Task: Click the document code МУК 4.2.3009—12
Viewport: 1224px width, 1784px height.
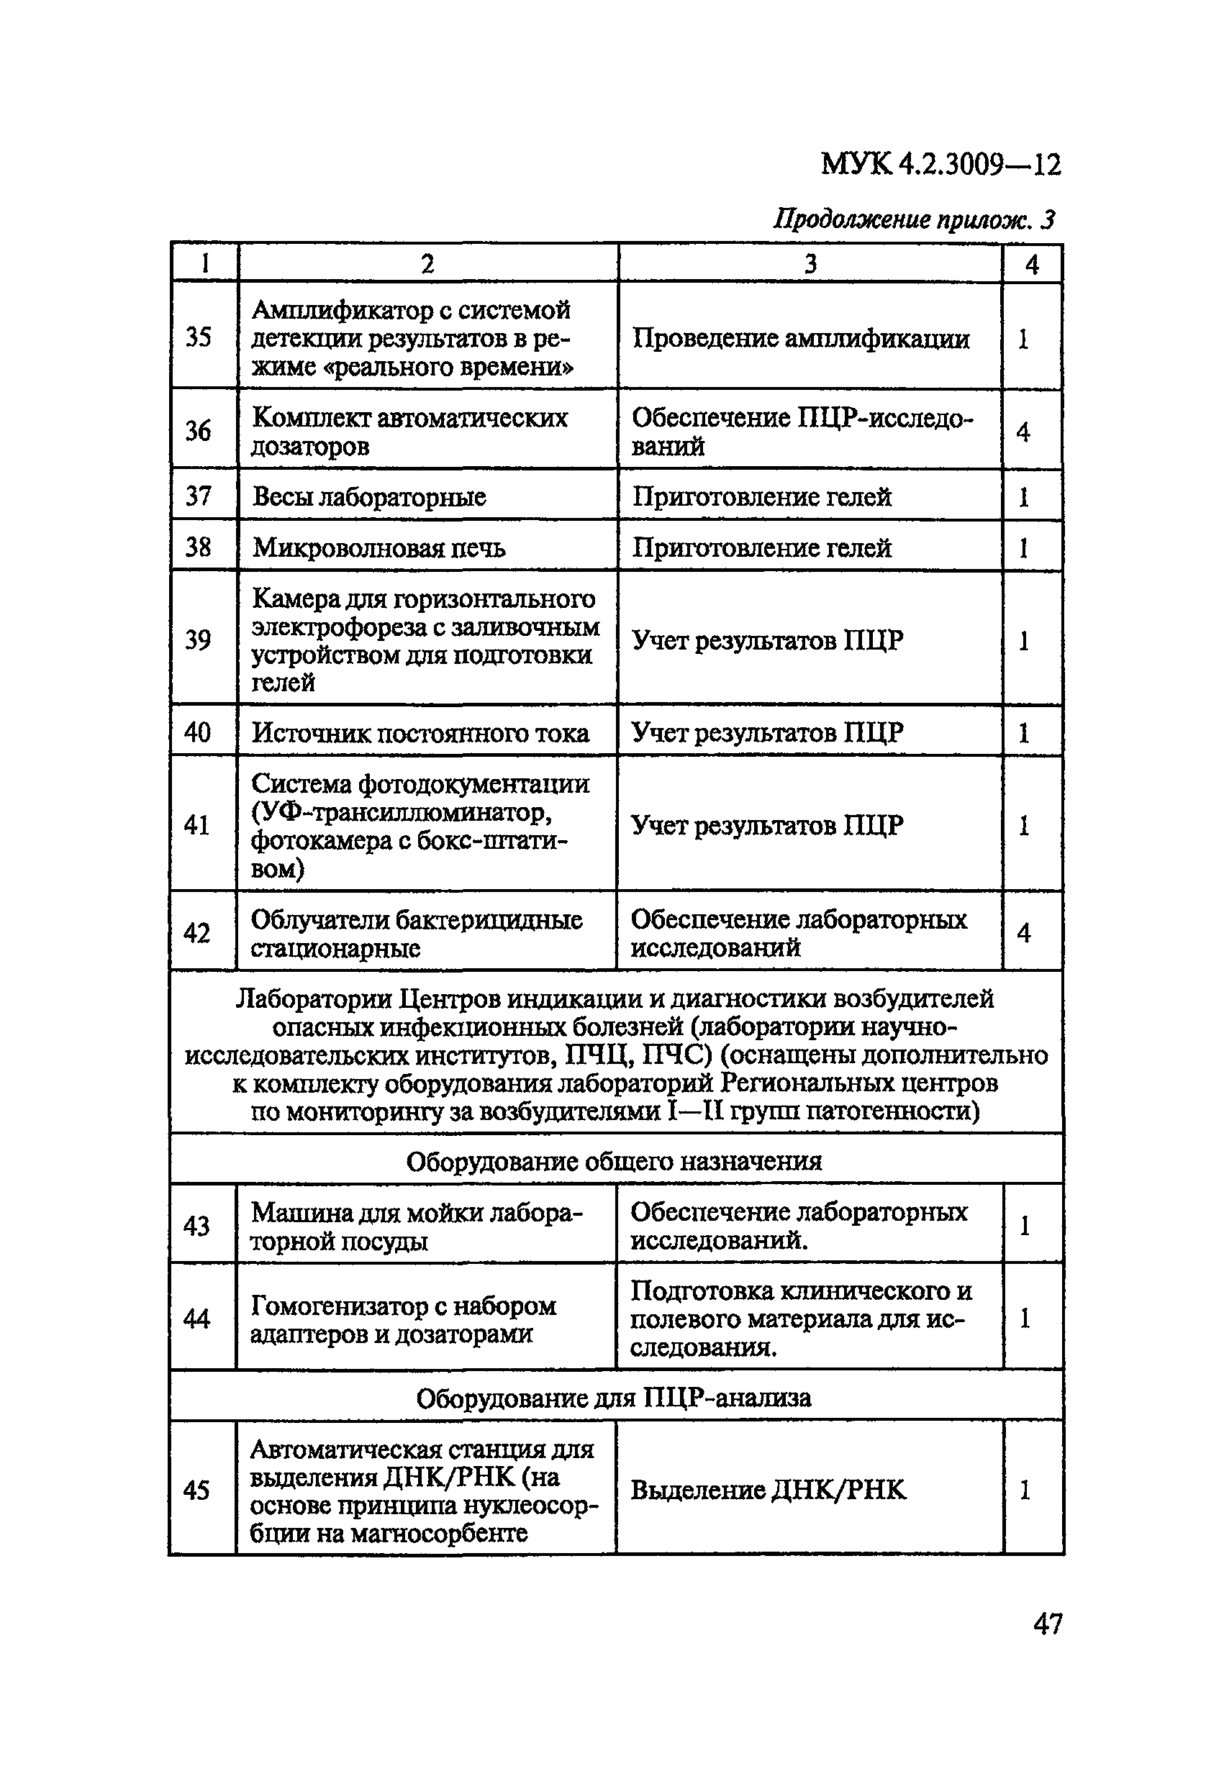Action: coord(940,163)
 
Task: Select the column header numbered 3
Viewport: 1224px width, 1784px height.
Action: coord(810,264)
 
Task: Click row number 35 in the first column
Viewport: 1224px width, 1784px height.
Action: coord(198,336)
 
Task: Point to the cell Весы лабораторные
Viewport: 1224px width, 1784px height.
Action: coord(369,496)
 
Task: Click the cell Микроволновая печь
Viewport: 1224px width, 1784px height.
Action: coord(379,547)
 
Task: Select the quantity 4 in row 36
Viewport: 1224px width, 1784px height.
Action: coord(1023,432)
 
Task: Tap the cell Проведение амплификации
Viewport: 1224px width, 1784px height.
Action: coord(801,339)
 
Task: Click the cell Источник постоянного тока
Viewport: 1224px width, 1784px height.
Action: coord(421,733)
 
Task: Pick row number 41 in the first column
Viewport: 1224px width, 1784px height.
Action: coord(197,824)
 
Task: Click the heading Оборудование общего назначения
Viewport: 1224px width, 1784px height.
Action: coord(614,1160)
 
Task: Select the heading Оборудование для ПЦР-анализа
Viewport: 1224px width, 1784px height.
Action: coord(614,1398)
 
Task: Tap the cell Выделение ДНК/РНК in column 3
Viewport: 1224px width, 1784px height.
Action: coord(768,1490)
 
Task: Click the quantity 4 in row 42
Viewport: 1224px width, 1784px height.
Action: coord(1023,933)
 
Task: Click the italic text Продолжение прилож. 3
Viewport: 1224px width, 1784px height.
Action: coord(914,219)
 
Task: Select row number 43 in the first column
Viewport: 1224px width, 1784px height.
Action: coord(196,1226)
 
